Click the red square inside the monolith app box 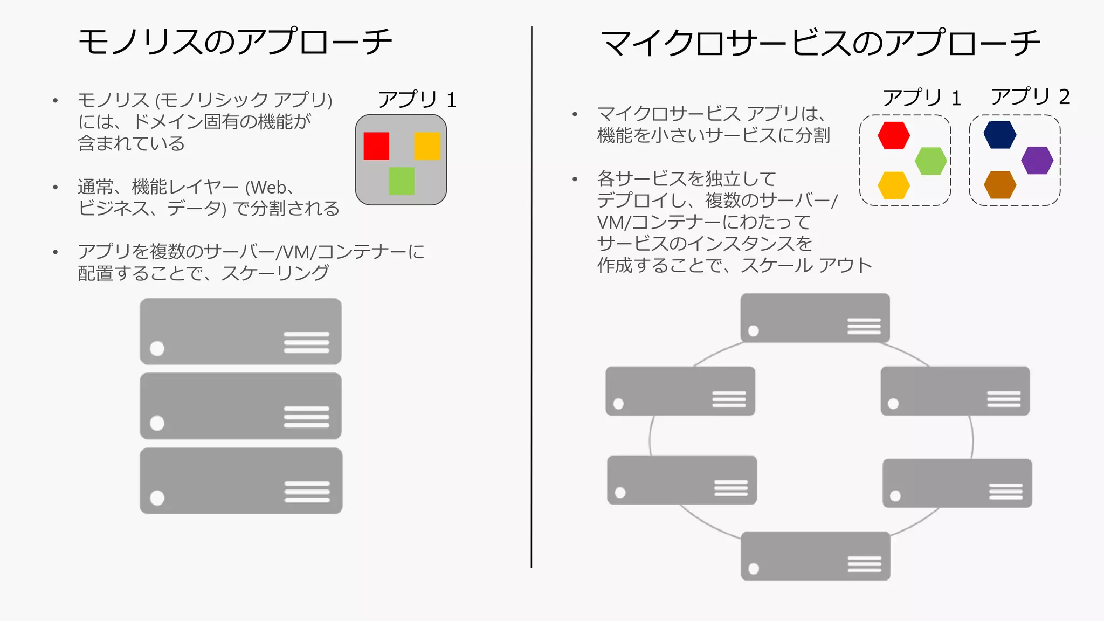pyautogui.click(x=376, y=146)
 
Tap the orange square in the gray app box pyautogui.click(x=427, y=146)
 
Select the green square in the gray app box pyautogui.click(x=402, y=181)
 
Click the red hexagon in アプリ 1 pyautogui.click(x=894, y=135)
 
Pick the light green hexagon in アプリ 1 pyautogui.click(x=931, y=161)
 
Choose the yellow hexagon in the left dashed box pyautogui.click(x=894, y=185)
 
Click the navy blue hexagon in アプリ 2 pyautogui.click(x=1000, y=135)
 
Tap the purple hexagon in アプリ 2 pyautogui.click(x=1037, y=161)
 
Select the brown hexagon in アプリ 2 pyautogui.click(x=1000, y=185)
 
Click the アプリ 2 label pyautogui.click(x=1030, y=97)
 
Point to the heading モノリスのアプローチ pyautogui.click(x=235, y=42)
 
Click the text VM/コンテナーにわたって pyautogui.click(x=704, y=222)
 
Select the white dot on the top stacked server pyautogui.click(x=157, y=349)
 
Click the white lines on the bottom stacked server pyautogui.click(x=307, y=492)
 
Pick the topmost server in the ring pyautogui.click(x=815, y=318)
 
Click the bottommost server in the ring pyautogui.click(x=815, y=556)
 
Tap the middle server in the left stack pyautogui.click(x=240, y=406)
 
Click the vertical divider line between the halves pyautogui.click(x=532, y=296)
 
